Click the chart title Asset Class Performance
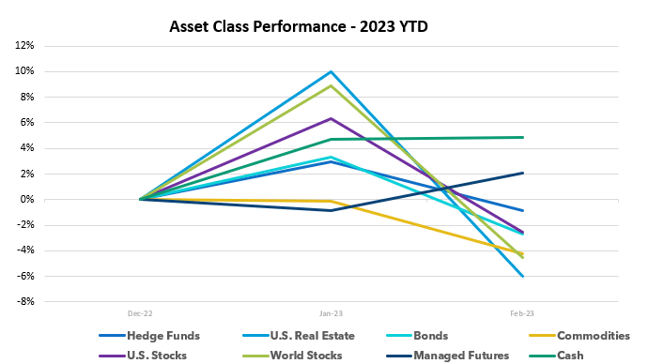[x=298, y=27]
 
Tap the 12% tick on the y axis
[x=23, y=45]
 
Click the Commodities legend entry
[x=592, y=336]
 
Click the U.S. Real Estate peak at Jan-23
[x=332, y=71]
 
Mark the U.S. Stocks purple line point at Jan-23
[x=332, y=118]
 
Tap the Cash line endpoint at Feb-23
[x=522, y=137]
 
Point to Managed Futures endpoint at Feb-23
[x=522, y=173]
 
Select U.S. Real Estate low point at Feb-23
[x=522, y=276]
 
